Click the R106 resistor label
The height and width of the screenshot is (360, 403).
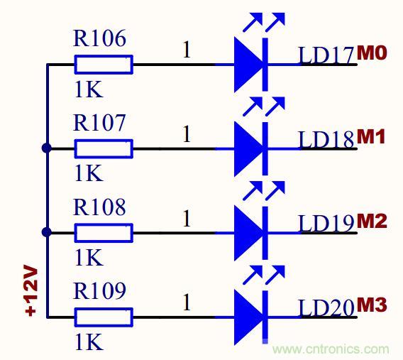tap(99, 40)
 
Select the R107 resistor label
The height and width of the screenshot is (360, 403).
tap(99, 124)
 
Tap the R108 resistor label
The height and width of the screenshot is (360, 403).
tap(99, 207)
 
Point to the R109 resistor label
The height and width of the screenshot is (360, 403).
tap(99, 291)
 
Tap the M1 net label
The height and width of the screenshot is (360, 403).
tap(371, 137)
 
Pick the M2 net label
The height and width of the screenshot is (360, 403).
tap(371, 221)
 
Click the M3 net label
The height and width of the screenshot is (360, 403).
tap(371, 305)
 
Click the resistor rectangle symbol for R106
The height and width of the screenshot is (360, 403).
tap(103, 65)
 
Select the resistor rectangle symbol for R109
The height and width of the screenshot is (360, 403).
tap(103, 317)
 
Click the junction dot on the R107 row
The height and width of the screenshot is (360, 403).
tap(47, 148)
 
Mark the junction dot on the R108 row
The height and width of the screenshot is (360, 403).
tap(47, 232)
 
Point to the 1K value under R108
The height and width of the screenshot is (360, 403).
tap(88, 256)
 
